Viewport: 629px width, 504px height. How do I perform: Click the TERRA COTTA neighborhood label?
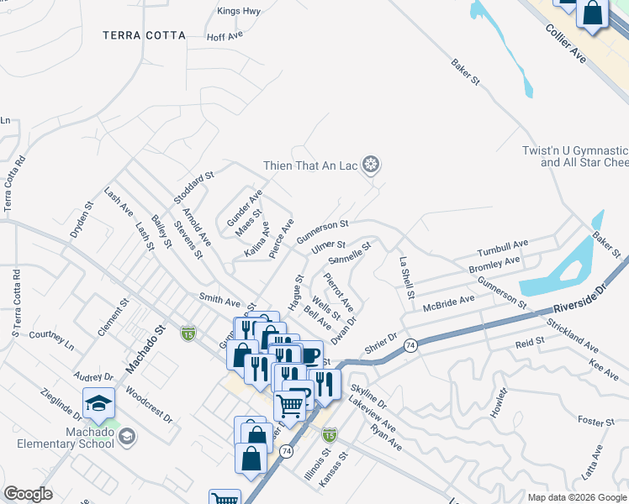[144, 35]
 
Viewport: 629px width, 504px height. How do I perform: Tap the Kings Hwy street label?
[240, 11]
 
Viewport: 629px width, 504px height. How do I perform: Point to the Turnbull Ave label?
[503, 248]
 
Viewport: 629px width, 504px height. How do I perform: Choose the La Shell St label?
[407, 277]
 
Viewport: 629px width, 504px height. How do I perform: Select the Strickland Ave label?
[572, 334]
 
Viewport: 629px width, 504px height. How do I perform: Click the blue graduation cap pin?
[99, 404]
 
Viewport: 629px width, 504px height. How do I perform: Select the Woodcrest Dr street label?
[149, 405]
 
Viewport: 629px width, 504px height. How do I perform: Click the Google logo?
[29, 494]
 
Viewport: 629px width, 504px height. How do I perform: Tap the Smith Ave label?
[219, 299]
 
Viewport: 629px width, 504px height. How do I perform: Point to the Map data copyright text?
[576, 496]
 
